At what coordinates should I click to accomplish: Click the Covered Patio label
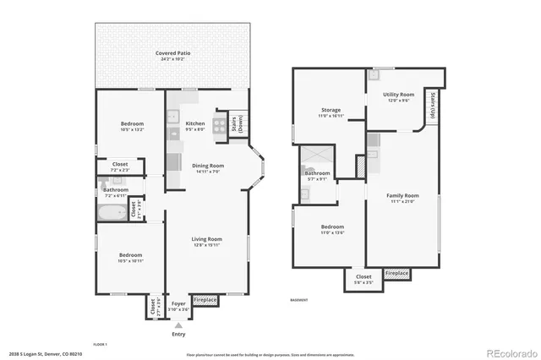(172, 56)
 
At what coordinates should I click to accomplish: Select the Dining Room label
(207, 168)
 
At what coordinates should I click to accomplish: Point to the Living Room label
(207, 242)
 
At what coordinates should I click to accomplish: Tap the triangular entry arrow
(178, 324)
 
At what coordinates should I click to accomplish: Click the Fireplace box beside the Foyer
(205, 300)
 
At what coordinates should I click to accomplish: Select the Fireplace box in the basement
(396, 274)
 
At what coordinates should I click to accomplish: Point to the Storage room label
(331, 112)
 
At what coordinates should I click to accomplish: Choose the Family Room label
(402, 199)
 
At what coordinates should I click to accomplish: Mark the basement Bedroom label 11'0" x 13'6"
(332, 230)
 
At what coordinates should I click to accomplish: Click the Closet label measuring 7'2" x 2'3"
(120, 166)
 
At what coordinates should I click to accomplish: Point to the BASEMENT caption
(298, 300)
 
